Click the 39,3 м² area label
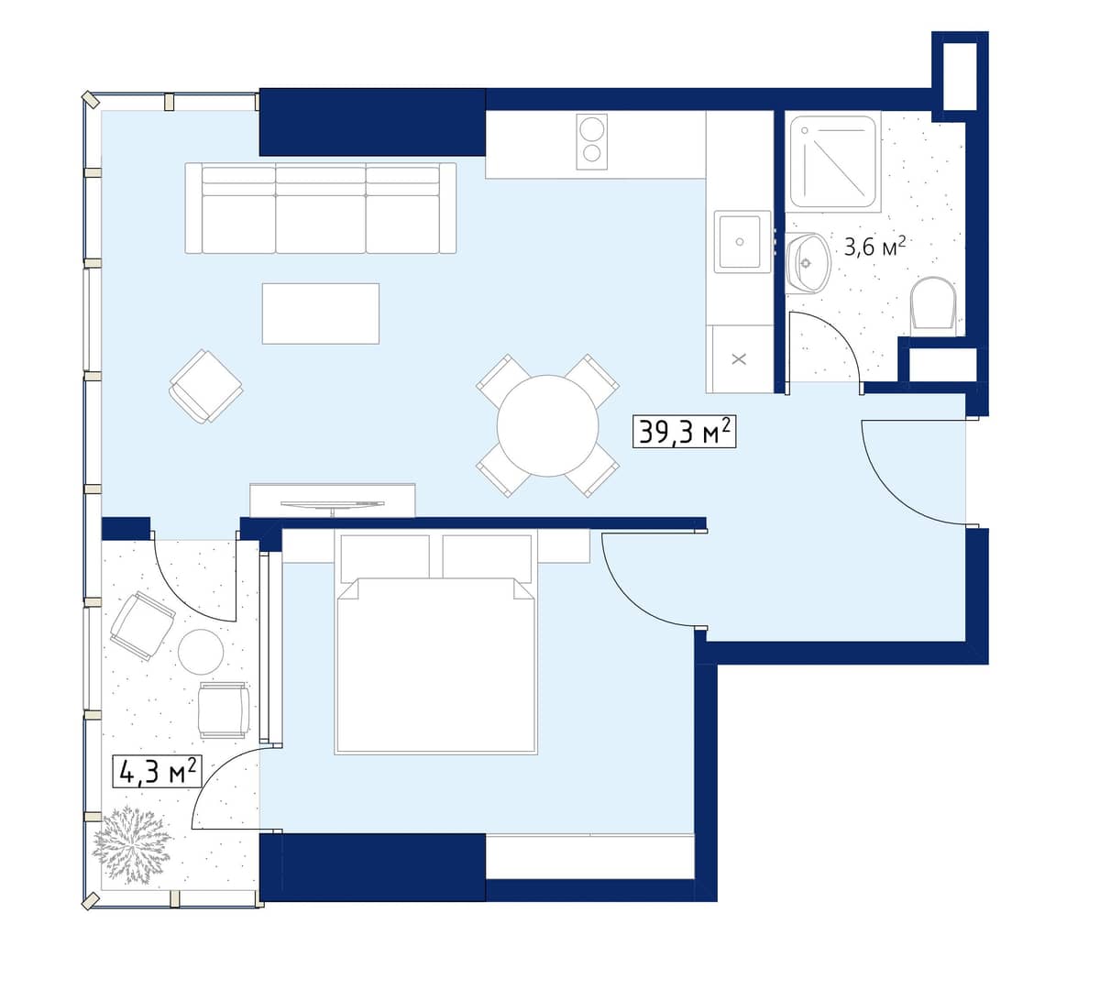tap(684, 431)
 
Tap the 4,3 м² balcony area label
tap(157, 771)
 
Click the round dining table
tap(547, 425)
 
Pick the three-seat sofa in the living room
tap(320, 209)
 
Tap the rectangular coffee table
tap(320, 313)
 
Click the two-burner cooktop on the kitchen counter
tap(591, 141)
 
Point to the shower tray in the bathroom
tap(834, 163)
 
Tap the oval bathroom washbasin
tap(808, 263)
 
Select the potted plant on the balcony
tap(132, 843)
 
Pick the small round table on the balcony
tap(201, 652)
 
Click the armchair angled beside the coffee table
tap(206, 386)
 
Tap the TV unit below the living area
tap(332, 500)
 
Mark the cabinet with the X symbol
tap(739, 359)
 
